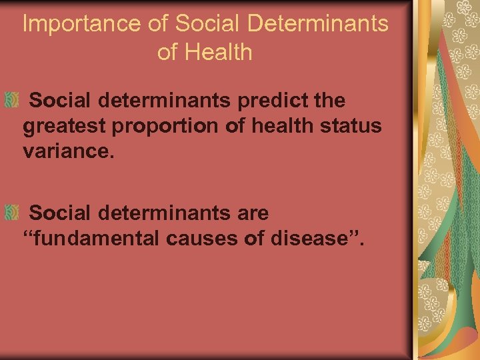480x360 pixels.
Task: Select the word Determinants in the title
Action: tap(317, 24)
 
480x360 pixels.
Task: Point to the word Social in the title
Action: tap(209, 24)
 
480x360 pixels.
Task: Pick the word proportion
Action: tap(165, 126)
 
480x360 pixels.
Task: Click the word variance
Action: tap(69, 151)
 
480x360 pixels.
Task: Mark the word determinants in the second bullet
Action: tap(164, 213)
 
